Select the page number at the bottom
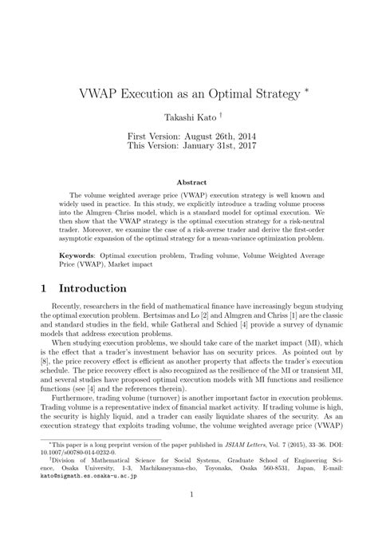pos(191,518)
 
